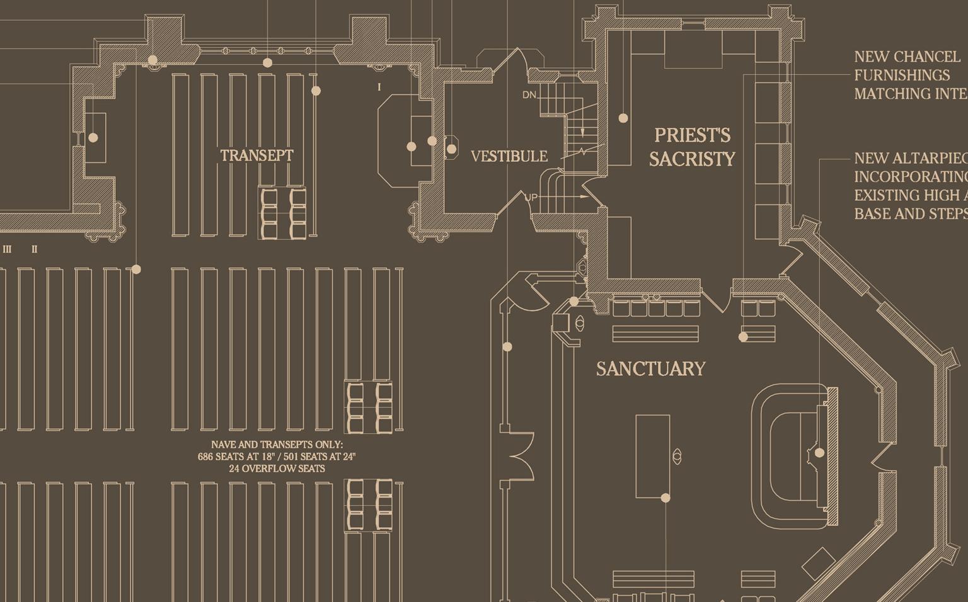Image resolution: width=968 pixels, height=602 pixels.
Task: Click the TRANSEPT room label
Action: click(x=256, y=156)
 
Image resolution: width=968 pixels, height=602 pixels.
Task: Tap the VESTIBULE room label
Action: click(x=509, y=156)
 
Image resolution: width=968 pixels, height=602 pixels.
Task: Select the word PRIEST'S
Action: click(x=692, y=135)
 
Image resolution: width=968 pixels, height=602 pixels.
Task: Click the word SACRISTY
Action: click(x=692, y=159)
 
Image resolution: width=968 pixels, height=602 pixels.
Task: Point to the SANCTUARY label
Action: click(x=650, y=368)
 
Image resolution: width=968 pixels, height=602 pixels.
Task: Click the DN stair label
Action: click(x=529, y=95)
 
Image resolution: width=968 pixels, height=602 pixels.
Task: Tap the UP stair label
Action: click(x=531, y=198)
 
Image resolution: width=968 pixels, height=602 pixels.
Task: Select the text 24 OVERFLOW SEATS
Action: click(x=277, y=469)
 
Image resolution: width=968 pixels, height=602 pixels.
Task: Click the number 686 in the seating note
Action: click(x=206, y=457)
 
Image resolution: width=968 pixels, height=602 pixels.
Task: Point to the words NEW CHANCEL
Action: click(x=899, y=57)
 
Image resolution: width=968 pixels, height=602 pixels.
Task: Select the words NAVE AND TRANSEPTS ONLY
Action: click(x=277, y=445)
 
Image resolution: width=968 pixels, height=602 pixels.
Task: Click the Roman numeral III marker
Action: click(x=8, y=249)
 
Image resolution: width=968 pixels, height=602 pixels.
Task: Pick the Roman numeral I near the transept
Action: click(x=379, y=88)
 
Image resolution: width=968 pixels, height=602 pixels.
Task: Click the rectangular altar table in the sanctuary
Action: click(x=652, y=456)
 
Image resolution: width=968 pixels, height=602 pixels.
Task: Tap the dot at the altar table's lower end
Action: click(x=665, y=498)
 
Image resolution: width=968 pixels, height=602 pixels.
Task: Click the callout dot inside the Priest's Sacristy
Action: click(x=623, y=118)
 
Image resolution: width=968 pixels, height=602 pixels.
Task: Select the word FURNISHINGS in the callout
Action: click(x=902, y=76)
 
